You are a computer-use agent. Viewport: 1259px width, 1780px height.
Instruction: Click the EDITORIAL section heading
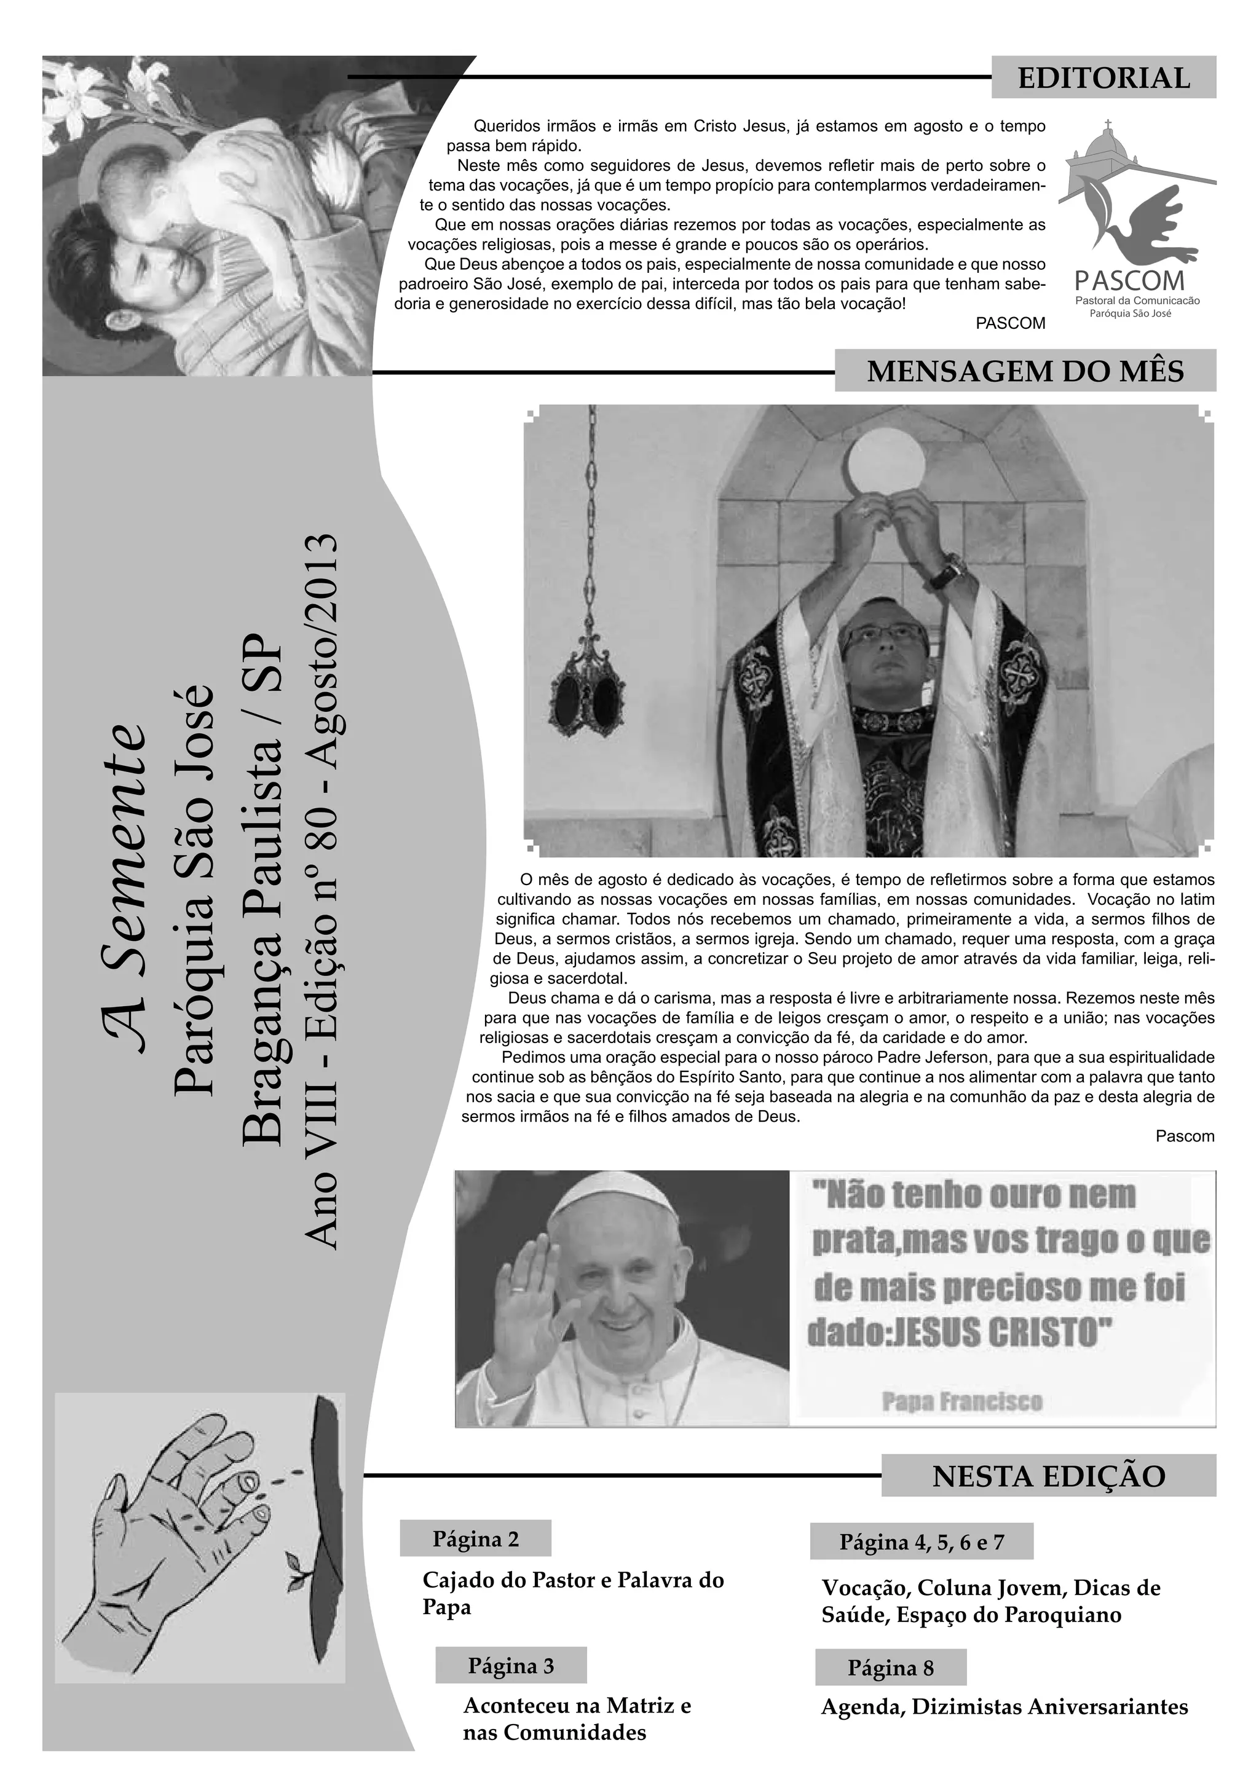[x=1103, y=78]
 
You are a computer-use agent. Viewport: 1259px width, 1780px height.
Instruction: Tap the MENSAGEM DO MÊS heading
[x=1025, y=371]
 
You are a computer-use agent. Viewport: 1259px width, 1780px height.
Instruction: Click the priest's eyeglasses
[x=884, y=638]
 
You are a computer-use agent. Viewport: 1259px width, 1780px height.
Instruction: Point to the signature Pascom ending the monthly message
[x=1185, y=1136]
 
